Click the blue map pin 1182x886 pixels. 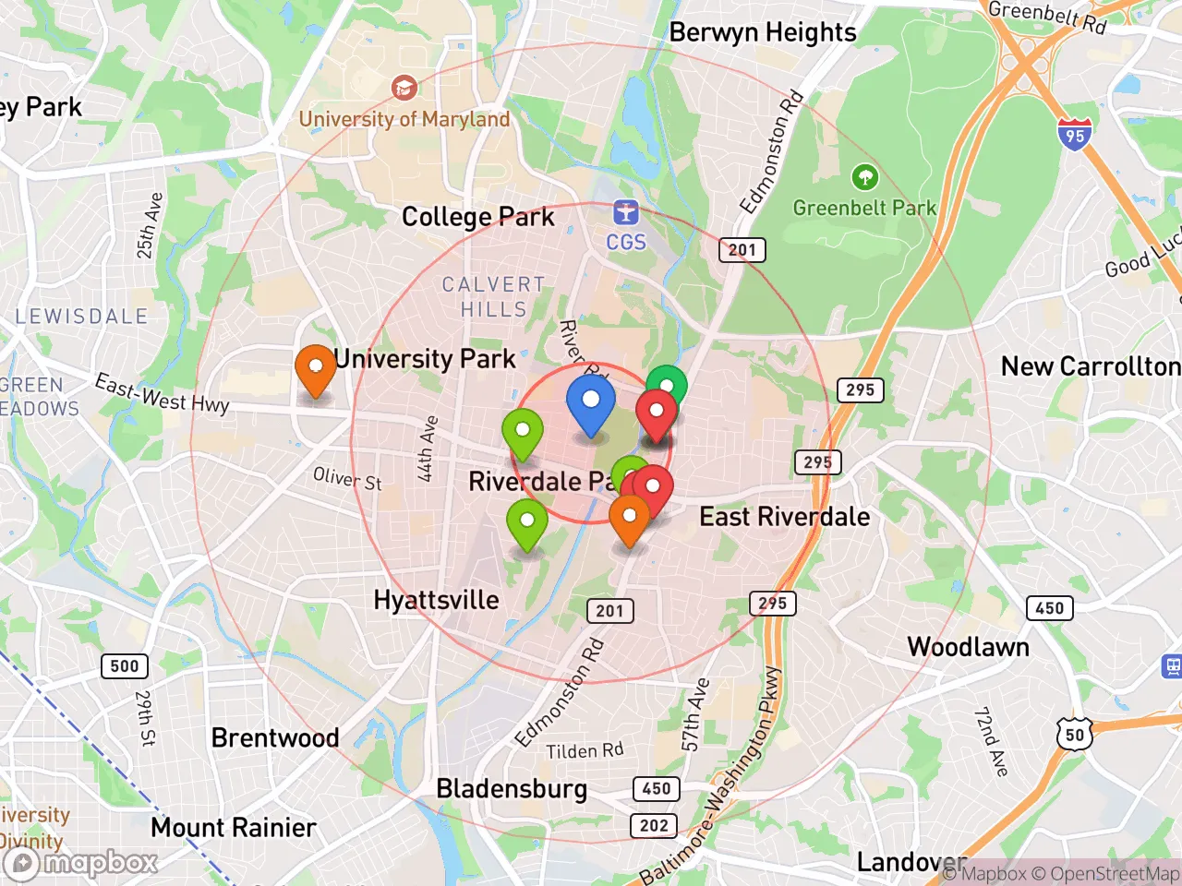coord(590,403)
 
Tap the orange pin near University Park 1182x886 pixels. coord(315,368)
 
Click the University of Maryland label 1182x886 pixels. coord(404,119)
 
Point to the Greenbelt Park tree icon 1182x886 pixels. coord(864,176)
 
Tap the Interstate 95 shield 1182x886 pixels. coord(1074,135)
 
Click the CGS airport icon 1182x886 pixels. coord(626,212)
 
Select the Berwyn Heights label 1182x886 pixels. coord(763,32)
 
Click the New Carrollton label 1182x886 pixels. coord(1090,366)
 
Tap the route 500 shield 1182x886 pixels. coord(125,665)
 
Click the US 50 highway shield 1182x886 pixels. coord(1074,735)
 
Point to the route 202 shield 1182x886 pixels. coord(654,825)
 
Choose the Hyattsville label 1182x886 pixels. coord(436,600)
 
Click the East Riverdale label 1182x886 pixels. coord(784,517)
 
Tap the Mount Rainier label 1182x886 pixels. coord(234,827)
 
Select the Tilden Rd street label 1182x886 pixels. coord(585,750)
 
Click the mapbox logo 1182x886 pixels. coord(85,863)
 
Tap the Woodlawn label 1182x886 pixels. coord(968,647)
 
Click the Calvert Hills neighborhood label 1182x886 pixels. coord(493,296)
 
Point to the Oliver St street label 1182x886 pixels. coord(347,478)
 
